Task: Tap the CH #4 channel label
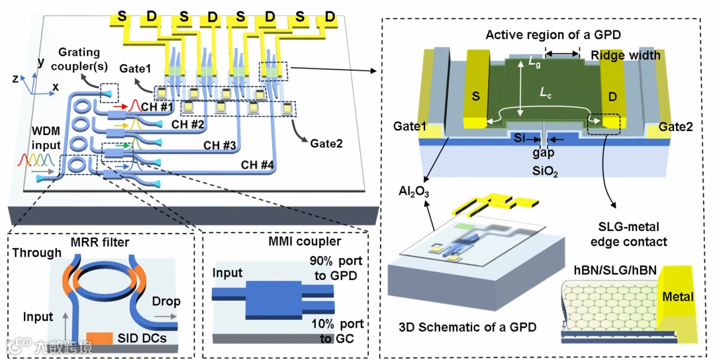click(258, 164)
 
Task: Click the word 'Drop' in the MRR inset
click(166, 301)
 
